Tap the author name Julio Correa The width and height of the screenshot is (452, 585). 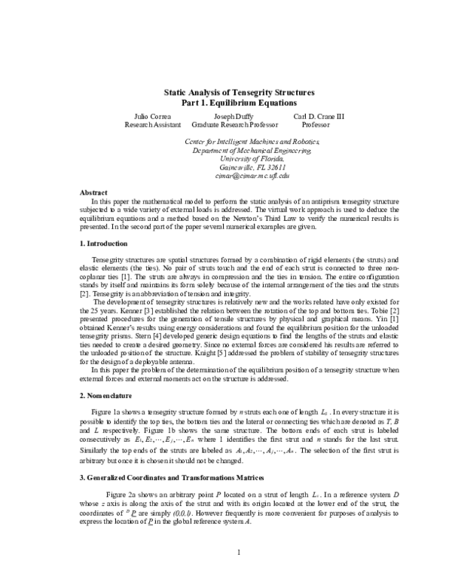151,116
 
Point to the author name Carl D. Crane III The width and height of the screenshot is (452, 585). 312,116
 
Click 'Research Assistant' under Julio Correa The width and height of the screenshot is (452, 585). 151,124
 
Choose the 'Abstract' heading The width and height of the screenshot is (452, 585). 93,193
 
